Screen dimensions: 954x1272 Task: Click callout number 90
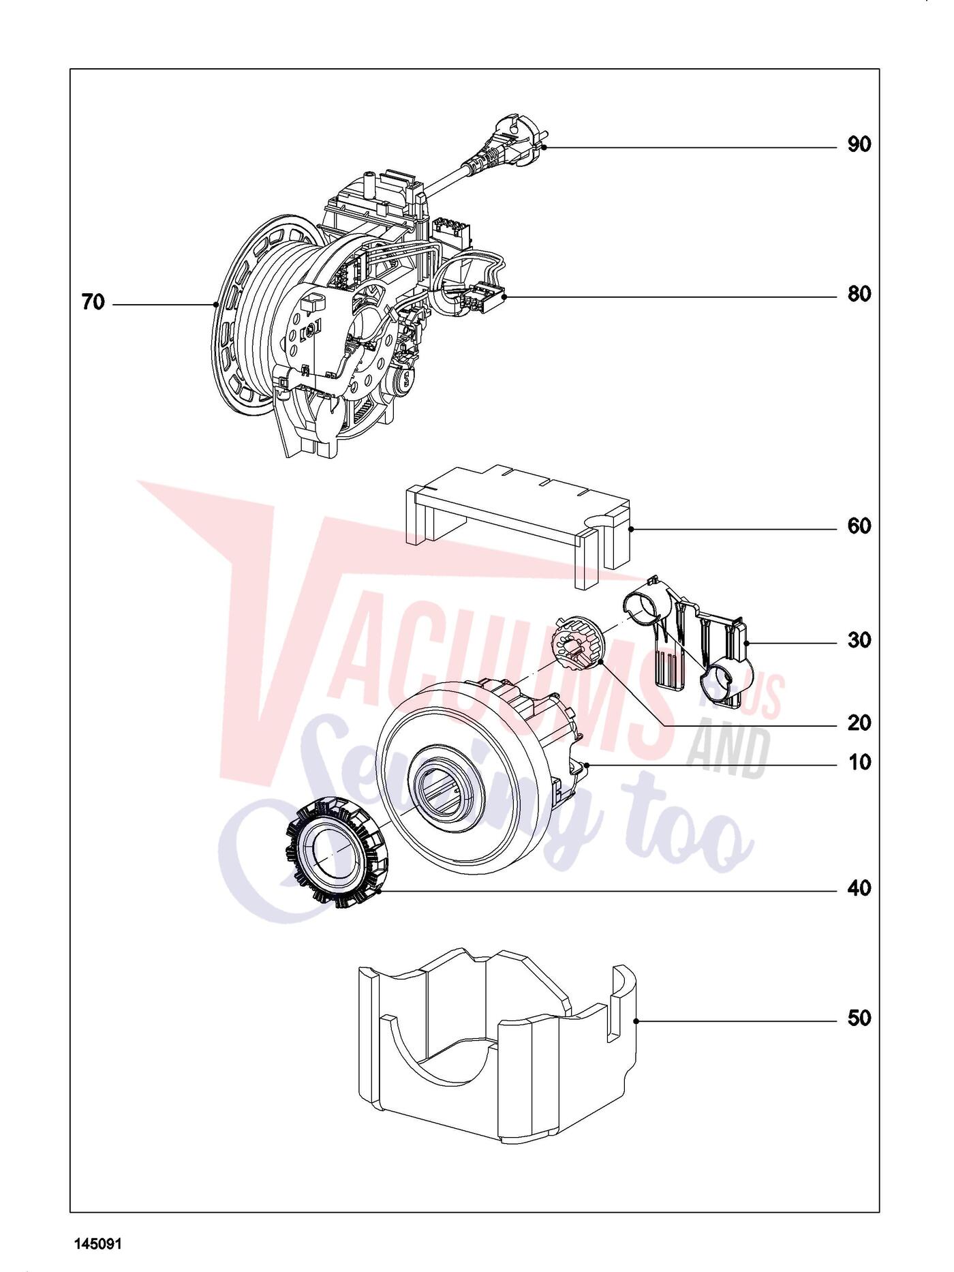[x=859, y=145]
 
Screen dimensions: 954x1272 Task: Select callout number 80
[x=859, y=294]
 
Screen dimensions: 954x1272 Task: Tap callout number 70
[x=93, y=302]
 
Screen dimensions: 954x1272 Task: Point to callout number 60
[x=859, y=526]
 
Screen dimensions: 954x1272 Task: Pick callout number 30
[x=859, y=641]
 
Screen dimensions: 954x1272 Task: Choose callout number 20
[x=859, y=723]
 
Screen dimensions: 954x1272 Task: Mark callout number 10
[x=859, y=762]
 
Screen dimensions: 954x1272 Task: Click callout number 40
[x=859, y=889]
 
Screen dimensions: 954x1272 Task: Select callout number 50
[x=859, y=1018]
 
